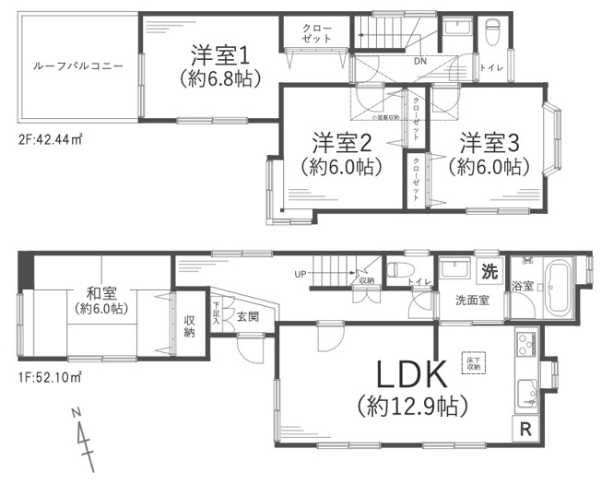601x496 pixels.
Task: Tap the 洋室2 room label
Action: [341, 143]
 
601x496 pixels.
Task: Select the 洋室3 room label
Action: [489, 143]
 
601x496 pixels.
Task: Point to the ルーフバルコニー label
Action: [71, 67]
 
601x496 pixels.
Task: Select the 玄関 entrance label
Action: [247, 316]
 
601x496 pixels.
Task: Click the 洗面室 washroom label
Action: [470, 300]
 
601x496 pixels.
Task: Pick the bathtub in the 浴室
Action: [560, 288]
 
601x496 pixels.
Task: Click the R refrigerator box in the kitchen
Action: [525, 428]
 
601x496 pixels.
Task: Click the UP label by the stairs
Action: [300, 274]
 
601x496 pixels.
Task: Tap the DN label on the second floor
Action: [419, 61]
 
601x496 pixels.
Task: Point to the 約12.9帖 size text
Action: [411, 405]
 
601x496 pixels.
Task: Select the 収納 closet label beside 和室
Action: [190, 325]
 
